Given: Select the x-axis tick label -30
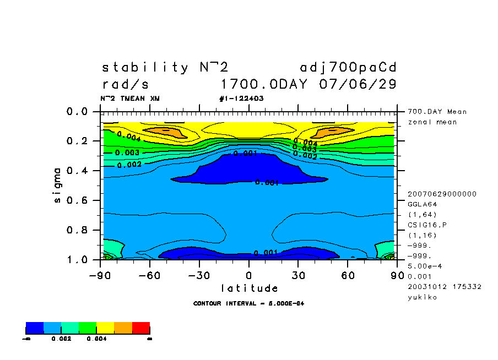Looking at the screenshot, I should pyautogui.click(x=199, y=275).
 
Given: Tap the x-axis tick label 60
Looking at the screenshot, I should pyautogui.click(x=347, y=275).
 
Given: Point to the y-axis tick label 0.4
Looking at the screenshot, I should pyautogui.click(x=77, y=171).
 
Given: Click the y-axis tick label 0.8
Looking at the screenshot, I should pyautogui.click(x=77, y=230).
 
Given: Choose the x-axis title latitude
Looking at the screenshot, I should pyautogui.click(x=249, y=288).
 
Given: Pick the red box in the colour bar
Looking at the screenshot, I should pyautogui.click(x=141, y=329).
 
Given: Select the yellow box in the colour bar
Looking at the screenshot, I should pyautogui.click(x=106, y=329).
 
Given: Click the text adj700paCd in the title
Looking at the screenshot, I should pyautogui.click(x=348, y=68).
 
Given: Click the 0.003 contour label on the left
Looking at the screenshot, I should pyautogui.click(x=127, y=152).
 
